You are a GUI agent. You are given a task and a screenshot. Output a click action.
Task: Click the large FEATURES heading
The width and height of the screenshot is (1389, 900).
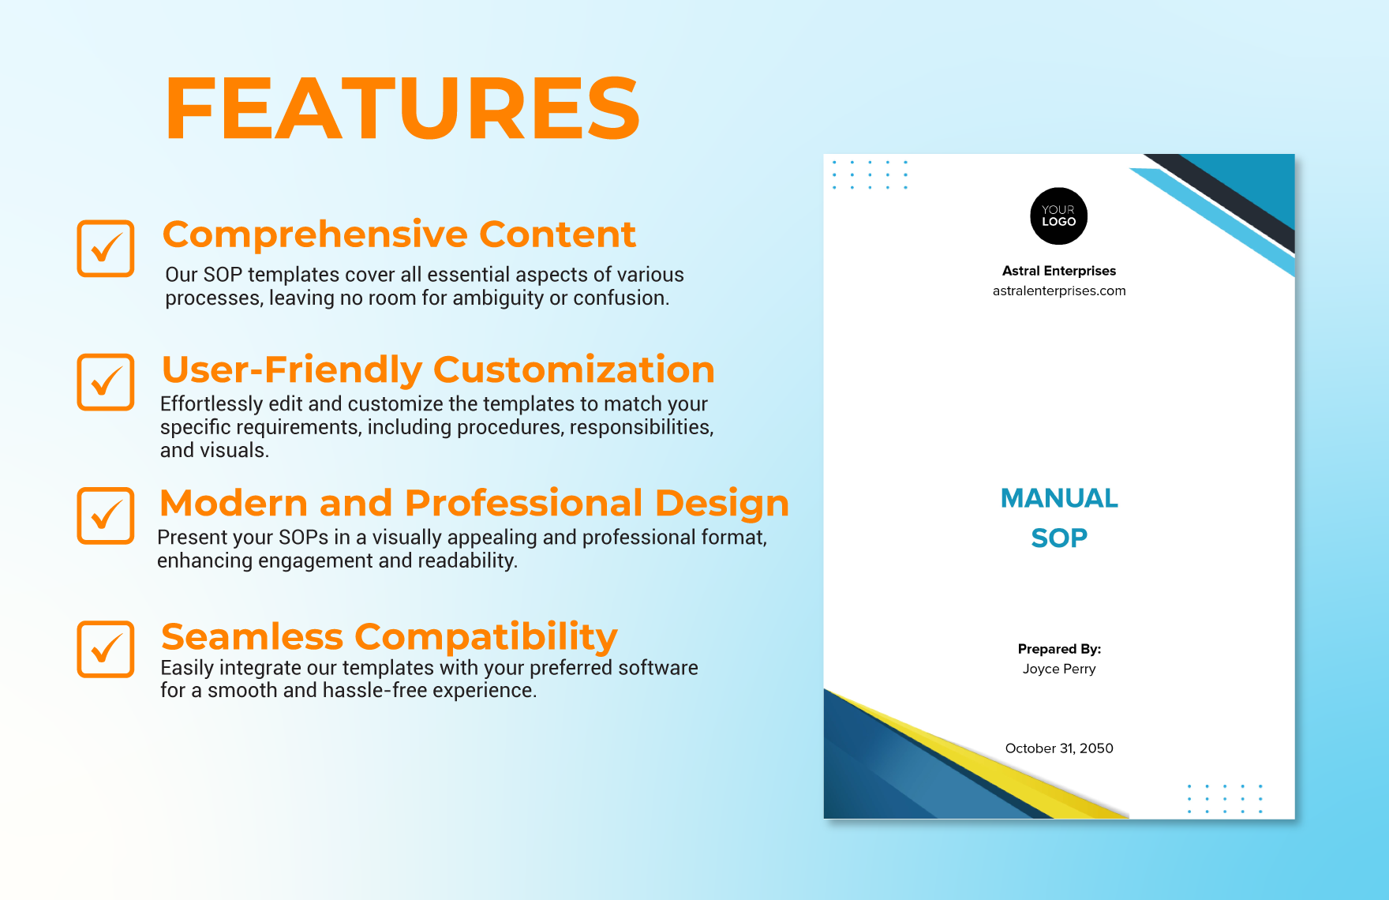click(402, 109)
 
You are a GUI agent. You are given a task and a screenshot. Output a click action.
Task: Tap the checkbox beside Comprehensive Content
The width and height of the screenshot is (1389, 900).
click(106, 249)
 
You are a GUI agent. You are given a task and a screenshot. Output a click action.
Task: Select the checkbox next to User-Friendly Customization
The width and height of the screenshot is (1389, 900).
click(106, 382)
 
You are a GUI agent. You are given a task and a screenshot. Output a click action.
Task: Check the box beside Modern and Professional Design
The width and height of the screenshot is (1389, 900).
click(106, 516)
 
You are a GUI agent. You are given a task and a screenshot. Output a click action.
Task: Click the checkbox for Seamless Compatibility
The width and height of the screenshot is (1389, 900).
click(106, 649)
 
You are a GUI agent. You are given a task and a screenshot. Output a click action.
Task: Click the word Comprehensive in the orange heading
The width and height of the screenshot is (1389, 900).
click(315, 235)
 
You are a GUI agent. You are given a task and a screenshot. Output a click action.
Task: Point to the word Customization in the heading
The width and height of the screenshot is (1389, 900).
click(574, 369)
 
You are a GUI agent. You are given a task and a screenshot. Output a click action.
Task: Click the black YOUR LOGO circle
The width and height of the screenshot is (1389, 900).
click(1058, 216)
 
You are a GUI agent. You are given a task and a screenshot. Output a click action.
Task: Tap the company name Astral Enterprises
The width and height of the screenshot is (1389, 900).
click(1058, 271)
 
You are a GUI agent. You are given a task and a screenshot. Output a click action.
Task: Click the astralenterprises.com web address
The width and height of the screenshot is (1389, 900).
click(1058, 291)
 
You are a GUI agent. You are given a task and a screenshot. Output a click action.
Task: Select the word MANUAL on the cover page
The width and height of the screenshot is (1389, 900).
click(1058, 498)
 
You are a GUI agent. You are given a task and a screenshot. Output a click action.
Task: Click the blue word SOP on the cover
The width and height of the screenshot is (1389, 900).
click(1058, 538)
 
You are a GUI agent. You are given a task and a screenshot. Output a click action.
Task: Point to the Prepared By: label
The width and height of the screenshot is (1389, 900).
click(1058, 649)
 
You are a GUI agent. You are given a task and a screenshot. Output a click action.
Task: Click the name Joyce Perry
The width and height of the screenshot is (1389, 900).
click(1058, 669)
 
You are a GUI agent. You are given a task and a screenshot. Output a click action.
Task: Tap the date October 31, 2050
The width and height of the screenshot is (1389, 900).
click(1058, 748)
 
